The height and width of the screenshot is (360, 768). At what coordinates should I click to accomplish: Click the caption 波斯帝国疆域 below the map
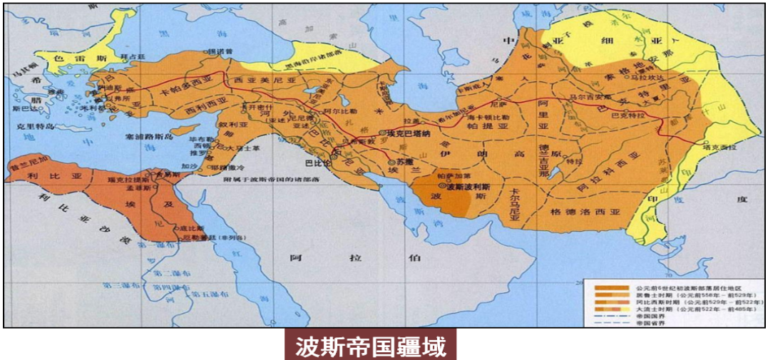(371, 347)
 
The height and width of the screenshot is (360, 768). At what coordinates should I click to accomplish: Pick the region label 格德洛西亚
(586, 212)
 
